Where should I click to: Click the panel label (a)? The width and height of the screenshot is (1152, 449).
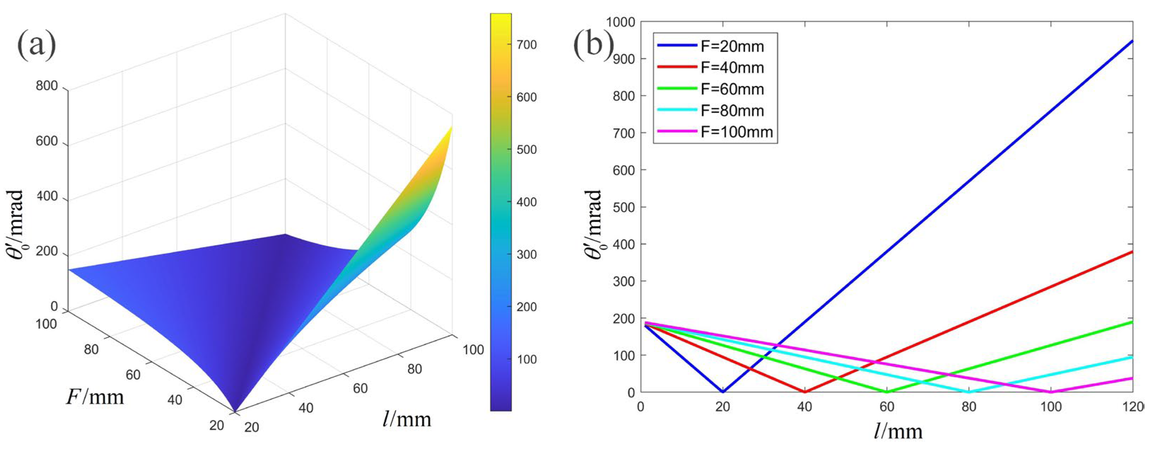(x=37, y=45)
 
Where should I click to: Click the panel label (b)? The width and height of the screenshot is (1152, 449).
(x=593, y=45)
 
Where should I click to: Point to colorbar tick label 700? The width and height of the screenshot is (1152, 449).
(x=526, y=45)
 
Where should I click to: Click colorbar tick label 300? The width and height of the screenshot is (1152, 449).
(x=526, y=254)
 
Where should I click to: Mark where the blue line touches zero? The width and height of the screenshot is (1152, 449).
(x=723, y=392)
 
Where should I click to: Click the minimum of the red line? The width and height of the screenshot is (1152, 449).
(x=805, y=392)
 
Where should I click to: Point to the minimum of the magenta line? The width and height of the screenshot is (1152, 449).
(x=1051, y=392)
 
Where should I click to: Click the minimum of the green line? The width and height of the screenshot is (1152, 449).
(x=887, y=392)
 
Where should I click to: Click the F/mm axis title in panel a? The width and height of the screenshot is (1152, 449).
(x=95, y=397)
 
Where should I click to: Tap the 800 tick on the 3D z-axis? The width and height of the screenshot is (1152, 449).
(x=47, y=86)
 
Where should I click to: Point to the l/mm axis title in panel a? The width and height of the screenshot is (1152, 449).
(x=407, y=419)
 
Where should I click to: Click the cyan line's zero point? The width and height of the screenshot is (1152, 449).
(x=969, y=392)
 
